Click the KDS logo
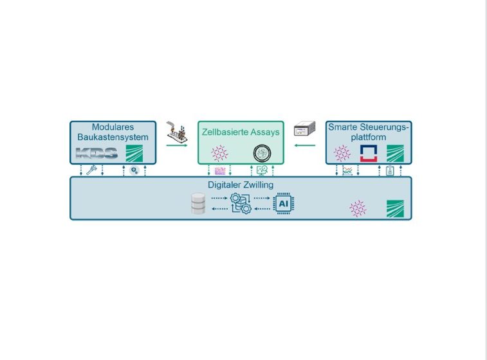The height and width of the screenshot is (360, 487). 97,153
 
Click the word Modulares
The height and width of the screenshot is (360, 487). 113,127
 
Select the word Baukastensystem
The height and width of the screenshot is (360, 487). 113,137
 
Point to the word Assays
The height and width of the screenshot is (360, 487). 265,132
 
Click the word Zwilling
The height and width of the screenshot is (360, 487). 258,185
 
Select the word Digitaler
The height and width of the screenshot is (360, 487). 225,184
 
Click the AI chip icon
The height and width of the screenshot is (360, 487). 283,204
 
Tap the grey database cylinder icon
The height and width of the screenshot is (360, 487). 198,204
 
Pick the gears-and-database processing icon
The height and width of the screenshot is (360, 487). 241,204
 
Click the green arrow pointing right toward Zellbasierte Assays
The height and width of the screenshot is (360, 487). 177,145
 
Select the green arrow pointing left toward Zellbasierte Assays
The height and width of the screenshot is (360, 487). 305,145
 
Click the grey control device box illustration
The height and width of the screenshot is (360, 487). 304,129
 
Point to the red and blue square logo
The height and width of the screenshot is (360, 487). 369,153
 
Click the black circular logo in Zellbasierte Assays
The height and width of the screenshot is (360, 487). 262,153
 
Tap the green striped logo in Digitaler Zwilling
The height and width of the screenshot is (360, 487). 395,208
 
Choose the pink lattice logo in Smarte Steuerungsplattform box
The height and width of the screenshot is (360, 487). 342,153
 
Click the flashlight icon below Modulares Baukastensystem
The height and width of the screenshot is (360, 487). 91,170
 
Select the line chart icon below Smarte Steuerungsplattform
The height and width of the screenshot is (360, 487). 347,171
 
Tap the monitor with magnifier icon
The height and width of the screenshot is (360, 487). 262,170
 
